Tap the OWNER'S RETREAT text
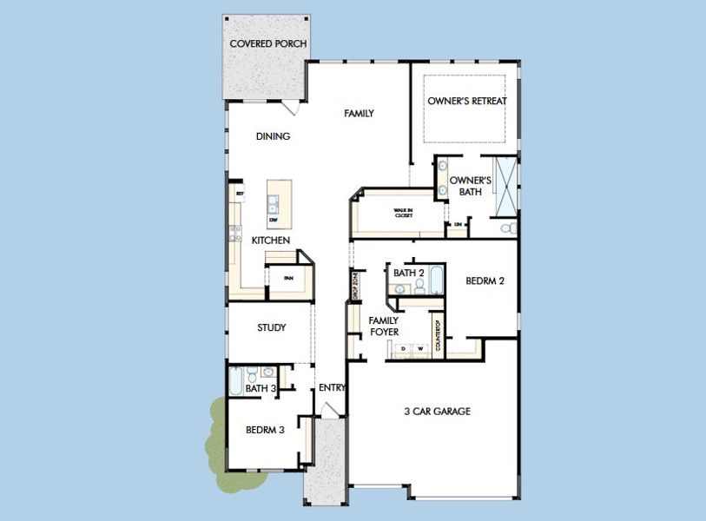pos(467,101)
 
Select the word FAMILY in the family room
pos(359,114)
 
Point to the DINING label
pos(273,136)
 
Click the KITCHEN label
pos(271,240)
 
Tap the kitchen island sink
pos(274,204)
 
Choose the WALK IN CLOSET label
pos(403,213)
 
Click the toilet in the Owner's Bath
pos(511,228)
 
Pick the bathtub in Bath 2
pos(436,280)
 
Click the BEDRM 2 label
pos(485,280)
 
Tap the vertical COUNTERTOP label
pos(438,334)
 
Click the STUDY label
pos(272,327)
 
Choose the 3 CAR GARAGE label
pos(437,411)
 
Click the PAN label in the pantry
pos(286,279)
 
